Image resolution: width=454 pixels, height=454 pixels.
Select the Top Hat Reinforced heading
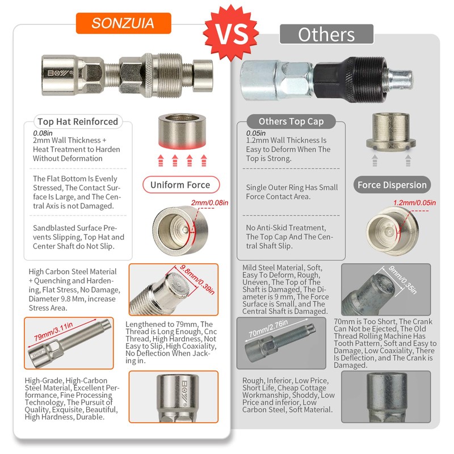(x=77, y=121)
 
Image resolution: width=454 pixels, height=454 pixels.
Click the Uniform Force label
(x=180, y=185)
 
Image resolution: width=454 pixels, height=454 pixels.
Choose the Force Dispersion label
(x=392, y=185)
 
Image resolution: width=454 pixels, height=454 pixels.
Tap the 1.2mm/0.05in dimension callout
(x=415, y=203)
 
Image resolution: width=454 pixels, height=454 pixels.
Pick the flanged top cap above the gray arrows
(x=390, y=132)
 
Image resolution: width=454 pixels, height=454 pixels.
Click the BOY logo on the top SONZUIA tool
(x=56, y=74)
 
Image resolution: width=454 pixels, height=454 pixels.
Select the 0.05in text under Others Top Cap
(x=255, y=133)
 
